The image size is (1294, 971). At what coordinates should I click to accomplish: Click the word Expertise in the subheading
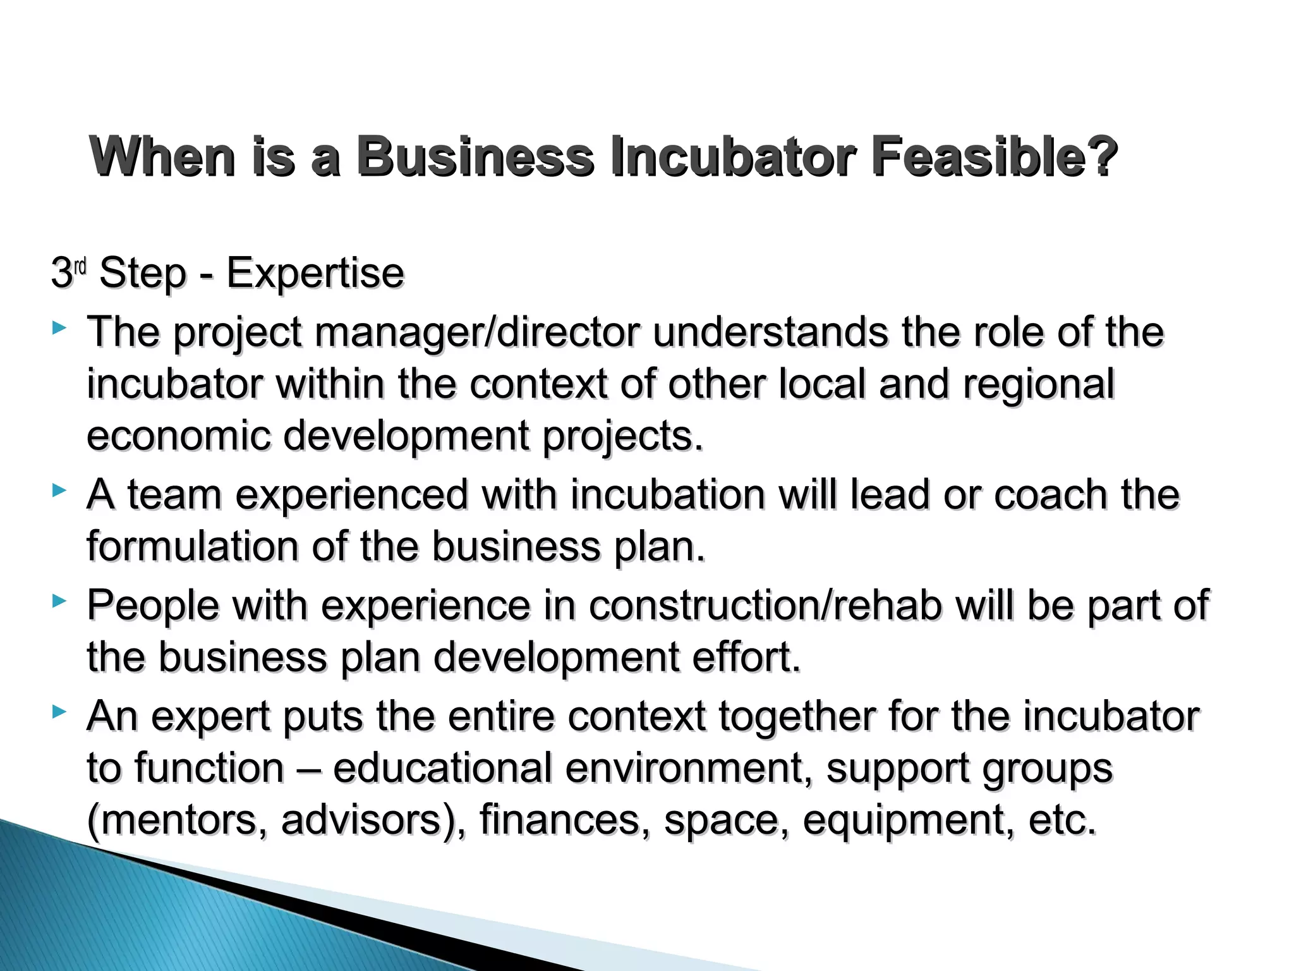(315, 273)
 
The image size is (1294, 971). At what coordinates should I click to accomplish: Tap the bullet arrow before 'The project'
(59, 328)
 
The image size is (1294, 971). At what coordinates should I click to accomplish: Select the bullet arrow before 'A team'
(59, 490)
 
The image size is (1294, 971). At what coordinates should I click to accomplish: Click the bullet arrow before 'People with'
(59, 601)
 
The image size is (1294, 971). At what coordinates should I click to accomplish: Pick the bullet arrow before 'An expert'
(59, 712)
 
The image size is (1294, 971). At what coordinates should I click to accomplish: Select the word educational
(442, 769)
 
